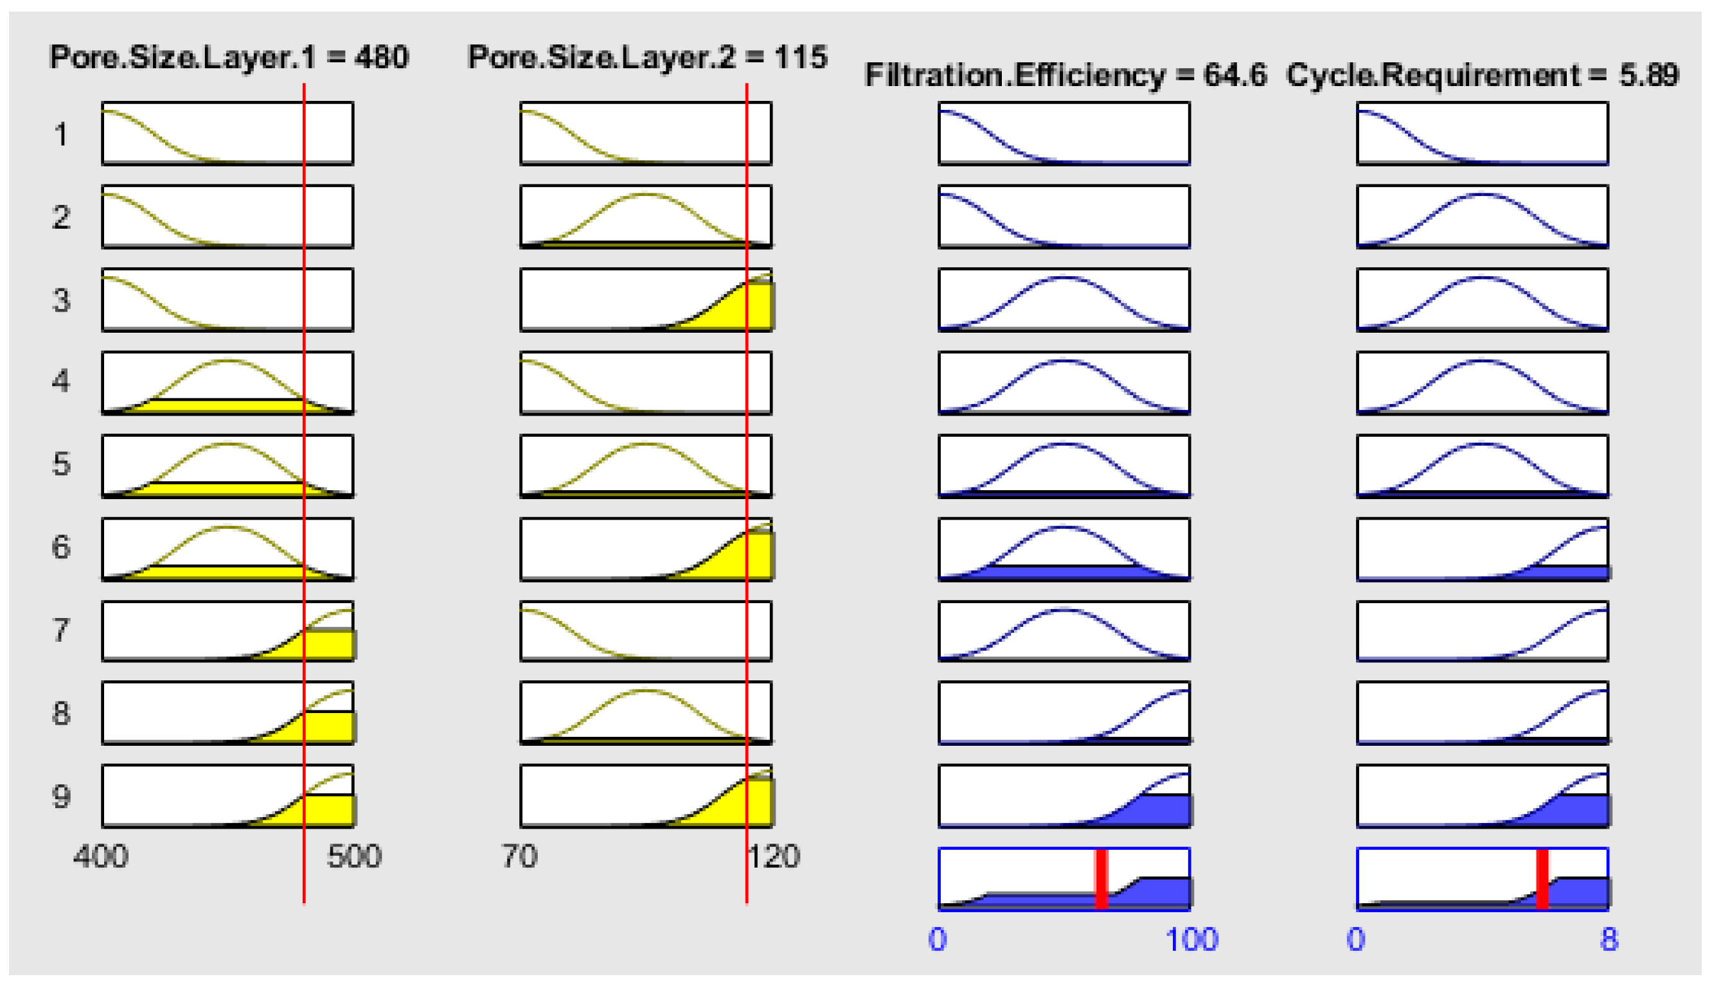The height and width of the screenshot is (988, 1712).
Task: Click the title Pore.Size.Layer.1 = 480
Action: click(x=229, y=57)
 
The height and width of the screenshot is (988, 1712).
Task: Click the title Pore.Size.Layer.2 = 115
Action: click(x=648, y=57)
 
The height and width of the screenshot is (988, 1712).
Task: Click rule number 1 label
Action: click(x=61, y=134)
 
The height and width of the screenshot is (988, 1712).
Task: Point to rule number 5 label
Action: click(x=61, y=464)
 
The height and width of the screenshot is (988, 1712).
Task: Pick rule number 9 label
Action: click(x=61, y=796)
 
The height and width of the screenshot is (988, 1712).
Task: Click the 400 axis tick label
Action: click(x=100, y=856)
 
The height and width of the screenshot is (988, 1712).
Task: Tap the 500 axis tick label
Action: click(x=353, y=856)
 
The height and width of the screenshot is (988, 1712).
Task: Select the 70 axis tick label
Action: click(x=520, y=856)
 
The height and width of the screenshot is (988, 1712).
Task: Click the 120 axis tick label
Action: click(x=773, y=856)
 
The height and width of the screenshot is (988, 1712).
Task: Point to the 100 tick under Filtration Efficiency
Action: click(x=1192, y=940)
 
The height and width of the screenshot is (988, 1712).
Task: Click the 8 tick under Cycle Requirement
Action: click(x=1609, y=940)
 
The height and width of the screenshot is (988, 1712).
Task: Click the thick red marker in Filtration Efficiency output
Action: click(x=1101, y=879)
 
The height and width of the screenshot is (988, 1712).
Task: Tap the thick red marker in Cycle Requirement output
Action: click(x=1542, y=879)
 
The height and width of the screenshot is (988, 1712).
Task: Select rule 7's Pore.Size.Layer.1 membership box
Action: click(x=227, y=630)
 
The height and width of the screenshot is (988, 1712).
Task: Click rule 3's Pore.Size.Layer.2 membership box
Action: click(x=646, y=299)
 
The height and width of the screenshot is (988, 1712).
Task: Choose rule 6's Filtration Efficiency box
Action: click(x=1064, y=549)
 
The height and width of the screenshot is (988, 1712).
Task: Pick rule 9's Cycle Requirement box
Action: click(x=1483, y=796)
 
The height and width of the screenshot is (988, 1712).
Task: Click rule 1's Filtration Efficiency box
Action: click(x=1064, y=133)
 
